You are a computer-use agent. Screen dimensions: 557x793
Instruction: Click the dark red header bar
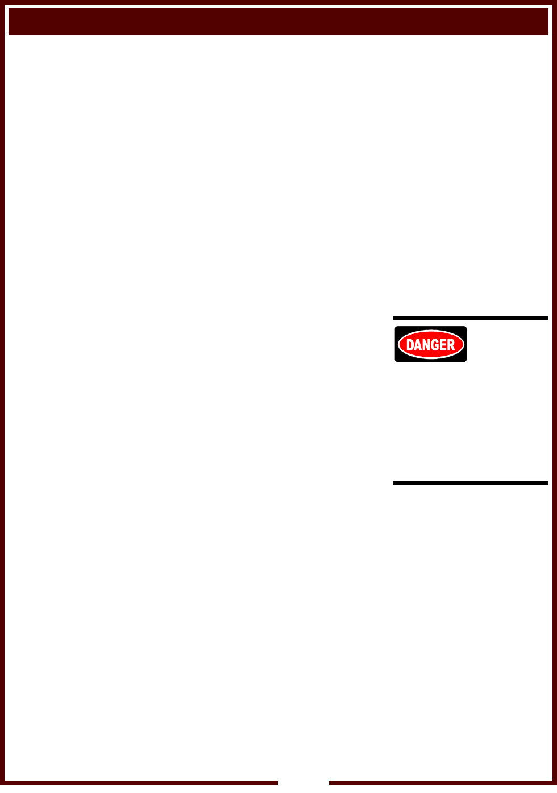[278, 21]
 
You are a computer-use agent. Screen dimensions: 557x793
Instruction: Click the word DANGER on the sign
[431, 345]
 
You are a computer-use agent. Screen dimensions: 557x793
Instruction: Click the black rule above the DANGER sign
[471, 318]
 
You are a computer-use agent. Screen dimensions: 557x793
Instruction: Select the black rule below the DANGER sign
[471, 483]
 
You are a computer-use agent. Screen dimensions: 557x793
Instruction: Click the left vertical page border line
[2, 398]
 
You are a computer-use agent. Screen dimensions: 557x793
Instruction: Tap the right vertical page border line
[554, 398]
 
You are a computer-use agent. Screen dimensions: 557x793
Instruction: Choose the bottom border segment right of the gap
[441, 783]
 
